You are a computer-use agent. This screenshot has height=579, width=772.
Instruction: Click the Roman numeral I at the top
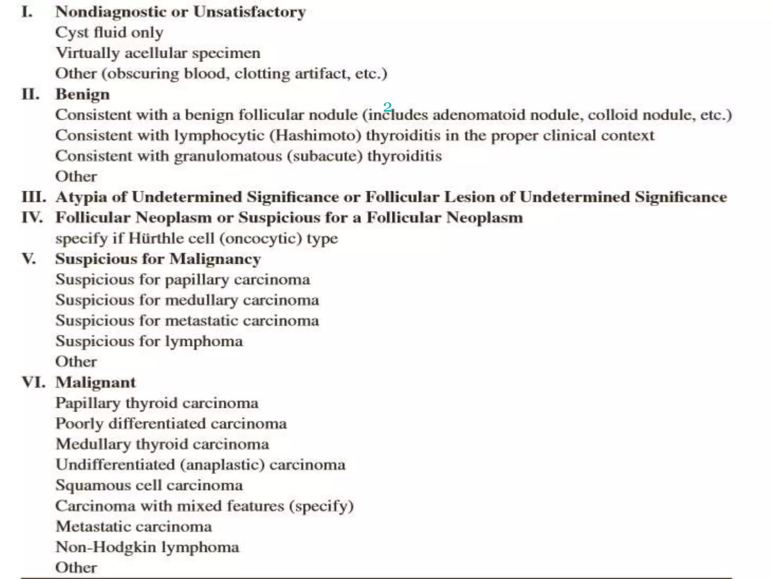click(x=27, y=12)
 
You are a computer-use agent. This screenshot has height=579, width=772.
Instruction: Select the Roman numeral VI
click(x=34, y=382)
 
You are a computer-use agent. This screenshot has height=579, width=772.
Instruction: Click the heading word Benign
click(x=83, y=94)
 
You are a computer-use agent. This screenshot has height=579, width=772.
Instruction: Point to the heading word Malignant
click(x=95, y=382)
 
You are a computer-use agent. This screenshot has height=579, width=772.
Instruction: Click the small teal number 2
click(x=387, y=107)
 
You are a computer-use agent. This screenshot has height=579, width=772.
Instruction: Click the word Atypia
click(x=81, y=197)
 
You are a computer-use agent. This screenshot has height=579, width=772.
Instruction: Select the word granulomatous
click(x=228, y=156)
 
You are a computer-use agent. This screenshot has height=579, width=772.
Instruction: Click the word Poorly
click(x=79, y=424)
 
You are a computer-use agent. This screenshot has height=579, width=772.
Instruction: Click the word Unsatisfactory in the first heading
click(x=249, y=12)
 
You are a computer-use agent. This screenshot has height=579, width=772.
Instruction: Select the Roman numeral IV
click(x=32, y=218)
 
